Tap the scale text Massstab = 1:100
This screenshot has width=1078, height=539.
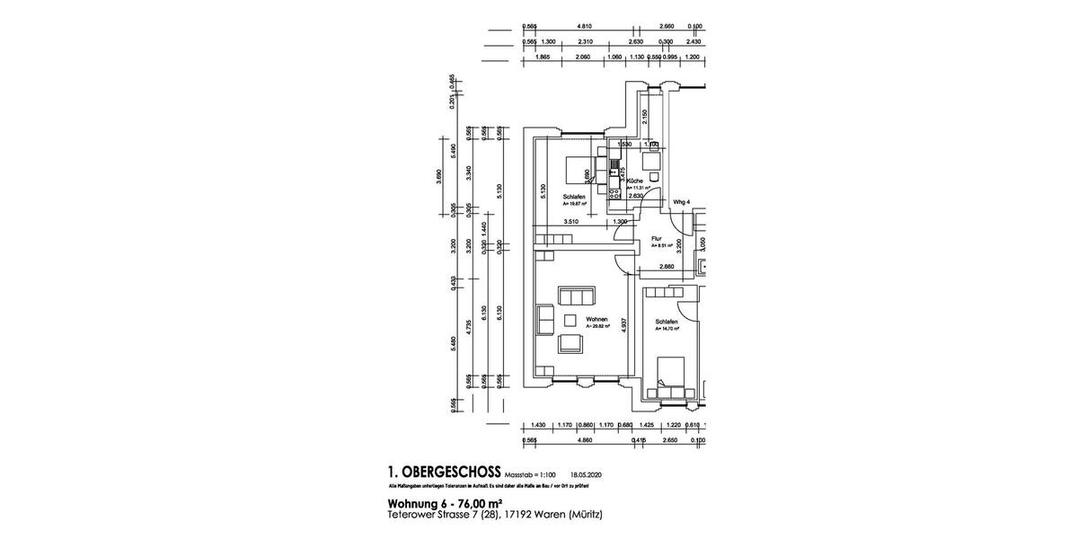[x=531, y=474]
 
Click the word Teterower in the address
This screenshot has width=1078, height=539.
[x=412, y=515]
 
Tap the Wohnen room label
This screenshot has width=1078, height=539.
[x=596, y=320]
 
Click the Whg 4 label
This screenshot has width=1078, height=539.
[x=681, y=202]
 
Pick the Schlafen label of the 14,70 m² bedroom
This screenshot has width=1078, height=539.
[x=666, y=322]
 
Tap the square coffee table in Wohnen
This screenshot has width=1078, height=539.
[x=570, y=320]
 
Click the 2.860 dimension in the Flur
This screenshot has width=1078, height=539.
[x=667, y=267]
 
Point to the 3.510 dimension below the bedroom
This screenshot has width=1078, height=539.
[x=570, y=221]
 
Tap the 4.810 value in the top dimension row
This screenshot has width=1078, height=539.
[x=585, y=26]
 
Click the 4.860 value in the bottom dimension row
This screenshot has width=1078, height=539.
[x=584, y=441]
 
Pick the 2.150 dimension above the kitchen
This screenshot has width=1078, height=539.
[x=645, y=117]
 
